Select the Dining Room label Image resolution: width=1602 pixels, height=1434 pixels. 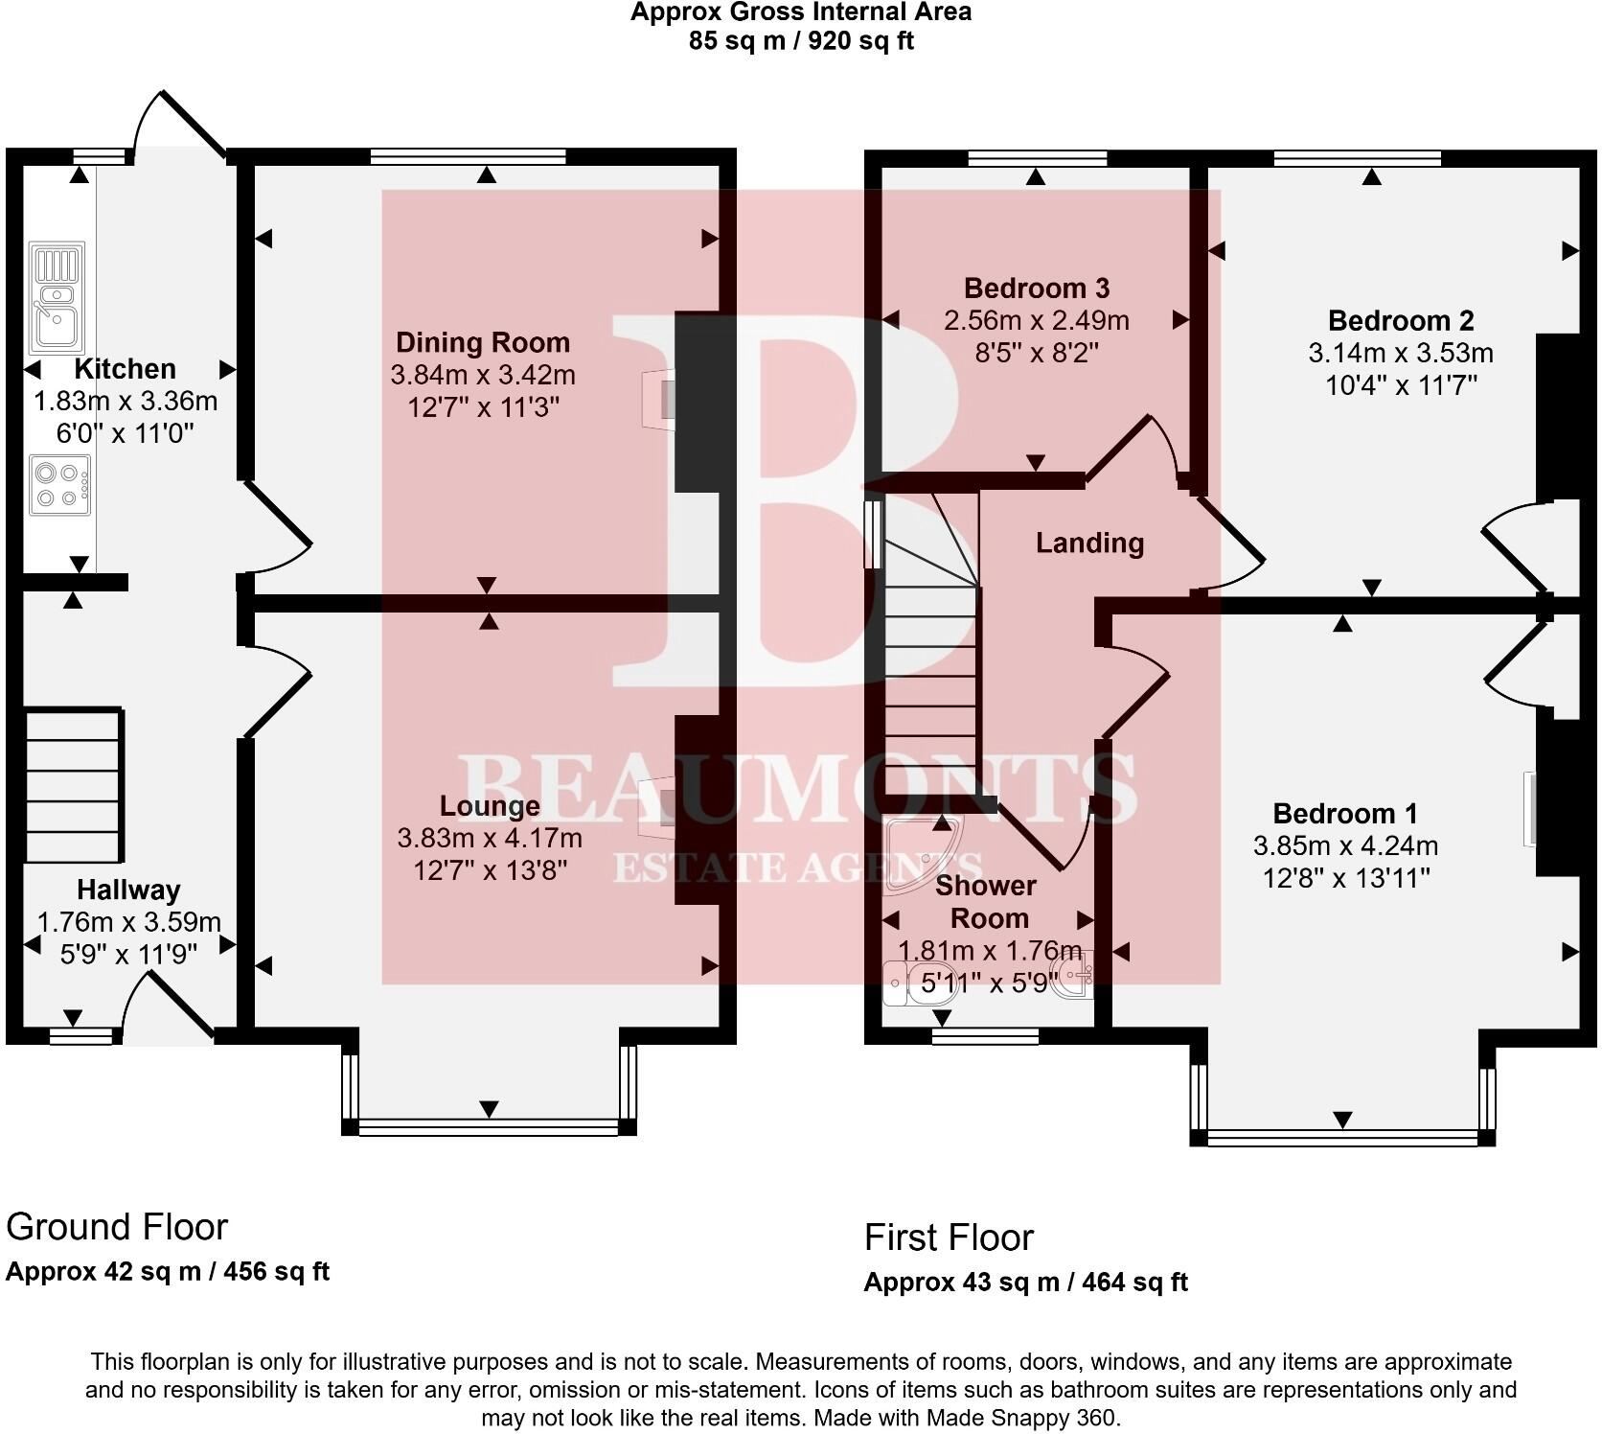[483, 342]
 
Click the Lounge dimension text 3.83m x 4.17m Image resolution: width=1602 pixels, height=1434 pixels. [490, 839]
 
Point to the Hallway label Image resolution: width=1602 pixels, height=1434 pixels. [128, 890]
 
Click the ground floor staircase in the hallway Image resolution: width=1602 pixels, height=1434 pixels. [73, 786]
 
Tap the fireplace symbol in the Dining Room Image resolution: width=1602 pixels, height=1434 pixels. [659, 395]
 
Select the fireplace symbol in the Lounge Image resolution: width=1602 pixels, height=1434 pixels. [657, 803]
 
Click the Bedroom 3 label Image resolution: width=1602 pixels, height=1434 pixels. [1036, 288]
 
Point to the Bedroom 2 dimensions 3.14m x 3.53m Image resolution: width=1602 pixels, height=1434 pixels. [1400, 354]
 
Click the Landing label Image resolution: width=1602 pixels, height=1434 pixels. [1089, 544]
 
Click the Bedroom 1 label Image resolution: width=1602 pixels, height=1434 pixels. [1344, 814]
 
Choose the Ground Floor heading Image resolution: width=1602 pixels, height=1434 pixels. [117, 1227]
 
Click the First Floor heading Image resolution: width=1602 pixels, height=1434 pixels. [949, 1237]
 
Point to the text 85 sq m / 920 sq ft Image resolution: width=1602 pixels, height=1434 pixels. [800, 41]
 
